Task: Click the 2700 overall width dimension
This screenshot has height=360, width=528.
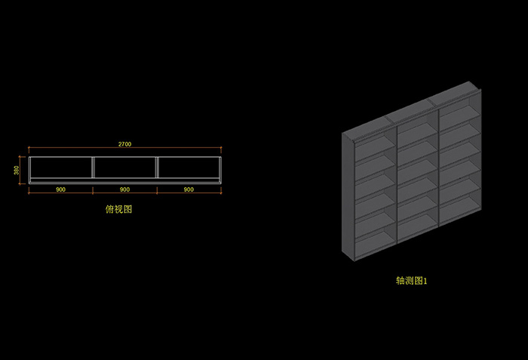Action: click(124, 143)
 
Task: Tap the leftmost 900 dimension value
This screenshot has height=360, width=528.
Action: click(60, 189)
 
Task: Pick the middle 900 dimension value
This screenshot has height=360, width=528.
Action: click(124, 189)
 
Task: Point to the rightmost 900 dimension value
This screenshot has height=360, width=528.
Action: click(189, 189)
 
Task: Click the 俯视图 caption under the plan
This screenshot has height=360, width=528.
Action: click(118, 210)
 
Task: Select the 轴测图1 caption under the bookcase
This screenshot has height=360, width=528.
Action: click(412, 280)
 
